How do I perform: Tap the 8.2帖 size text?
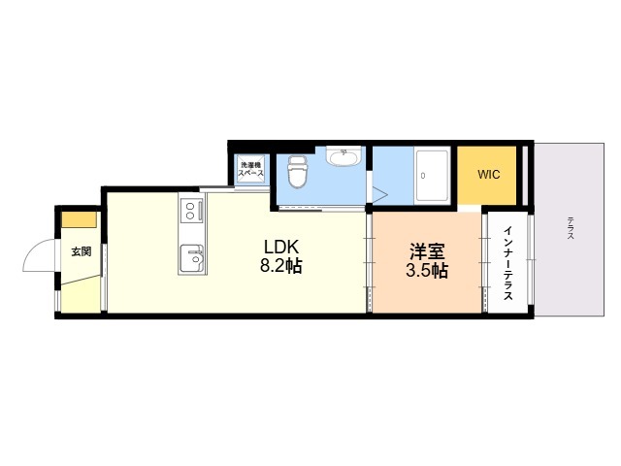point(279,265)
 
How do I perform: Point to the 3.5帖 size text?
point(426,271)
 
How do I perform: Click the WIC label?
point(489,175)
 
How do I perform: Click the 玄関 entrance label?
point(81,251)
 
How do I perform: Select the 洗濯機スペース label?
point(250,169)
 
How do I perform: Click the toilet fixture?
point(298,174)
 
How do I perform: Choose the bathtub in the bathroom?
point(432,176)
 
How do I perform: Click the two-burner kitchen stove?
point(190,210)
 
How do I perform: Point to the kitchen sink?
point(192,257)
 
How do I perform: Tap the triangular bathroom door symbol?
point(378,194)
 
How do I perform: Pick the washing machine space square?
point(250,169)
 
